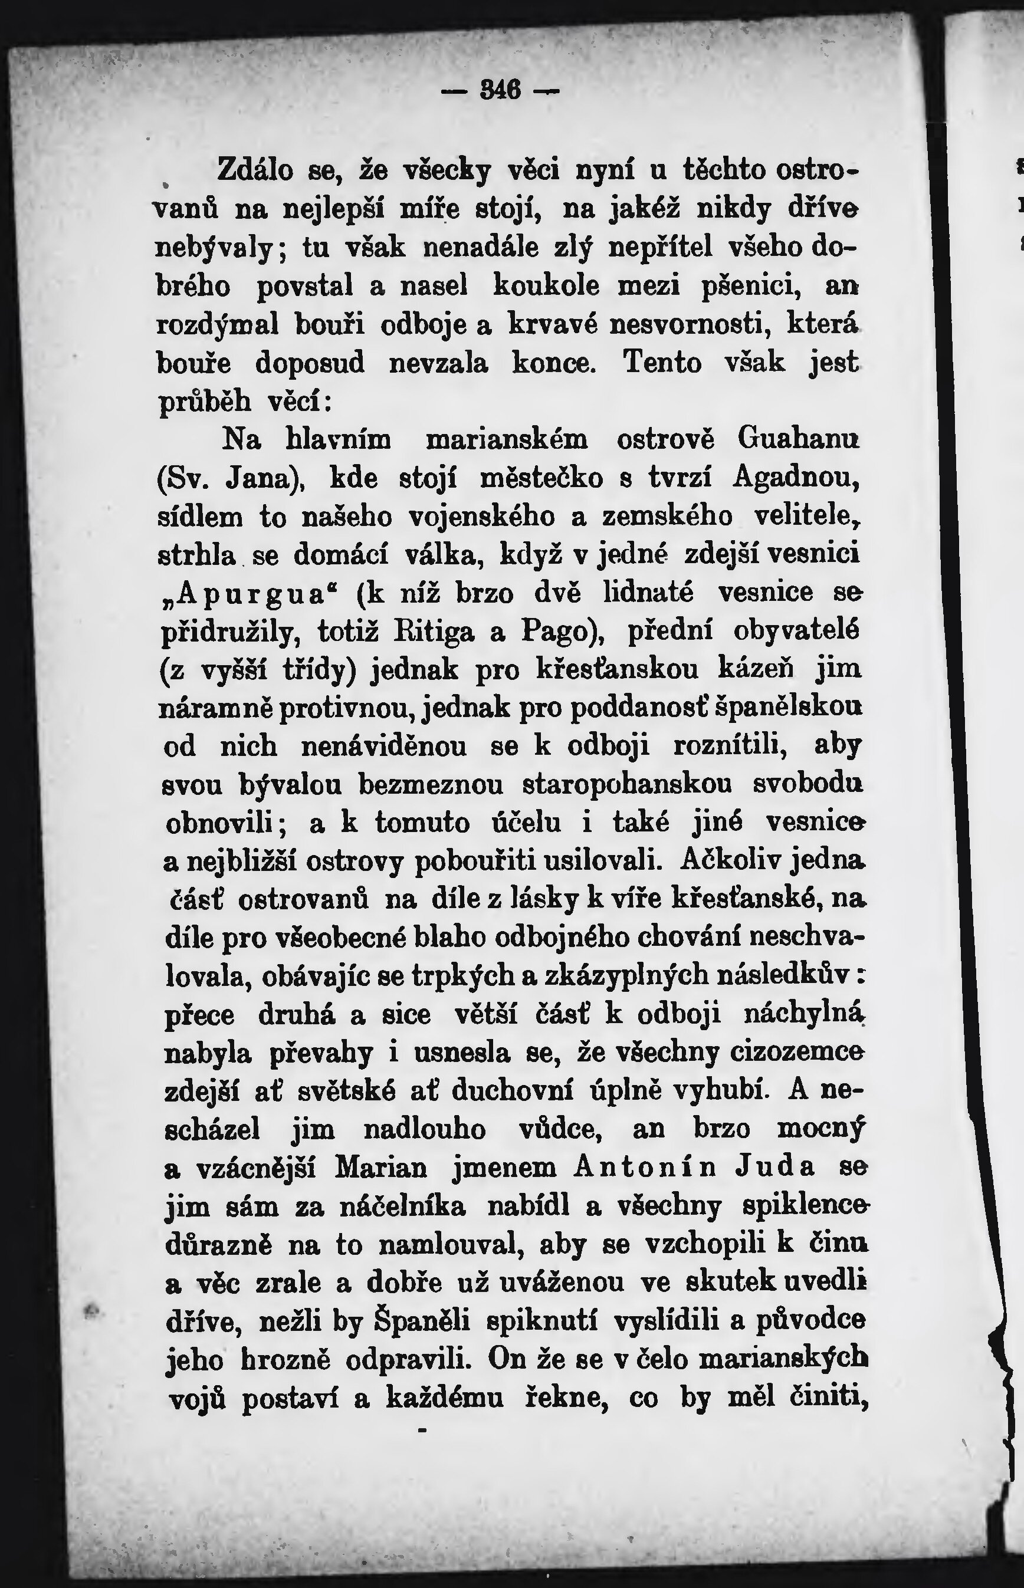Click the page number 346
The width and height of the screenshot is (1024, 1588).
pos(500,90)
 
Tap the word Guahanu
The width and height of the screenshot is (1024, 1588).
pos(799,439)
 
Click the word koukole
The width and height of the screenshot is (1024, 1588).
pos(547,287)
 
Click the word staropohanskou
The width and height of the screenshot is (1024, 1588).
pos(627,784)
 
